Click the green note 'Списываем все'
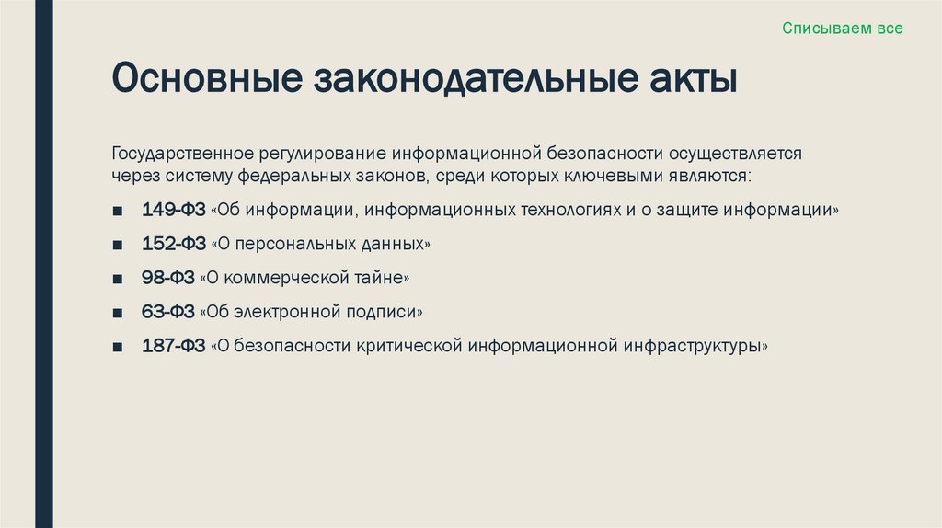842,29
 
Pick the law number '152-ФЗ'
173,244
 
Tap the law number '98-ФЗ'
167,278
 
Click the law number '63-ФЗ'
167,312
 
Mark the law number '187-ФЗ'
173,347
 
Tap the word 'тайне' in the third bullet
381,278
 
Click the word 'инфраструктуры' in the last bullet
692,347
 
